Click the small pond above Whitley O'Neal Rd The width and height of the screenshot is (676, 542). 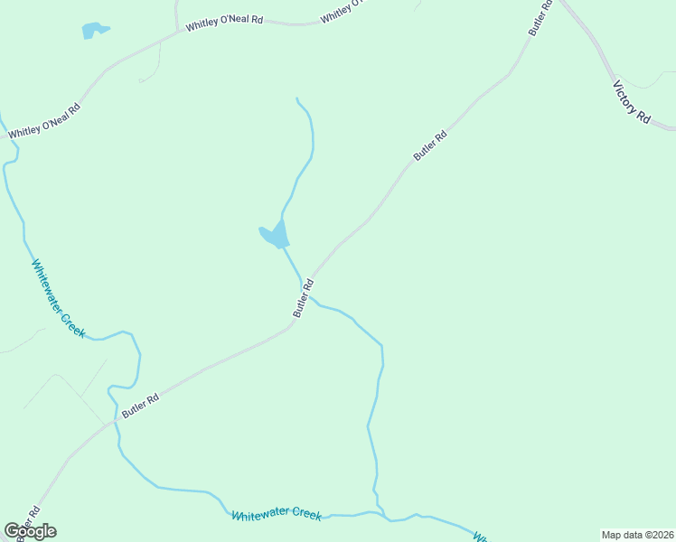coord(92,31)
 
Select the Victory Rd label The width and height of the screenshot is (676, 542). coord(632,103)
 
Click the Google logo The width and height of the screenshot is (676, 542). coord(30,530)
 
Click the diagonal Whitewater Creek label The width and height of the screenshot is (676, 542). coord(59,298)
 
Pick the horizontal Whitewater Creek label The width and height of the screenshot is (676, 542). coord(277,514)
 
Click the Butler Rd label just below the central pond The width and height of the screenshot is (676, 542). coord(303,298)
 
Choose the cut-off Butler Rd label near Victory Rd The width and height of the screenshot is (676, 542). coord(540,18)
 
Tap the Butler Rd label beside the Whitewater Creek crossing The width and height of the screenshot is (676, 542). coord(141,406)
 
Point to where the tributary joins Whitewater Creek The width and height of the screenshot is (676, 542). coord(388,520)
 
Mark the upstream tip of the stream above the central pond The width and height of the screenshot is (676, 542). coord(296,98)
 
